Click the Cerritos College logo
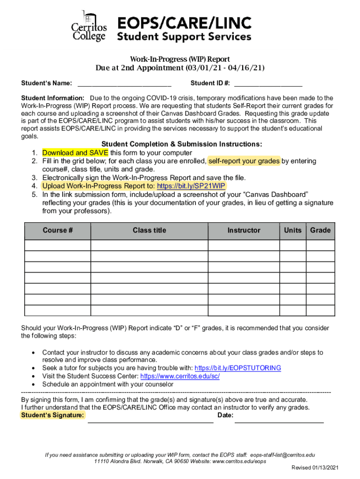(x=89, y=27)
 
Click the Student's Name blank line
(x=124, y=85)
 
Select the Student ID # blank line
(x=268, y=85)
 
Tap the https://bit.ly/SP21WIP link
(x=192, y=186)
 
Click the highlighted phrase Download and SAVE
(x=75, y=153)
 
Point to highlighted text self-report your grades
(x=244, y=161)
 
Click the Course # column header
(x=58, y=231)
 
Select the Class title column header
(x=149, y=231)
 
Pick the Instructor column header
(x=244, y=231)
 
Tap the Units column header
(x=293, y=231)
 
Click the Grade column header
(x=320, y=231)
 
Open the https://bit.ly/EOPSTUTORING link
(x=238, y=368)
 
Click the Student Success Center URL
(x=180, y=376)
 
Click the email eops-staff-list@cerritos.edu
(x=282, y=455)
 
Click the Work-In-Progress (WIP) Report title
(x=180, y=59)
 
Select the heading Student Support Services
(x=184, y=36)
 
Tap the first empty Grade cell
(x=320, y=246)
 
